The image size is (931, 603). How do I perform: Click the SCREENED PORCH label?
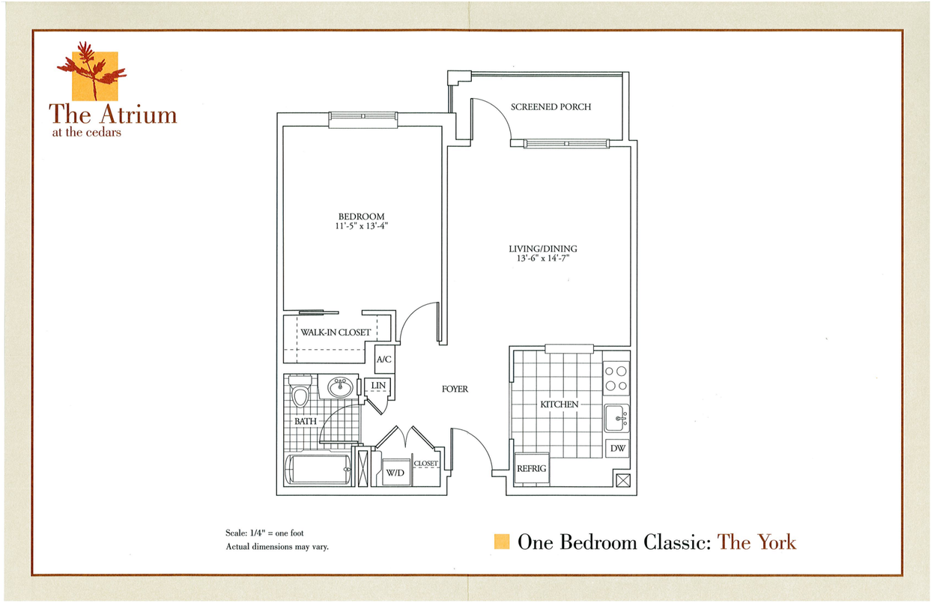pos(551,107)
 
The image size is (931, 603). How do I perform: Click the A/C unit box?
pos(384,359)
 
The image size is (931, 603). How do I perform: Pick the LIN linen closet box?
pos(378,386)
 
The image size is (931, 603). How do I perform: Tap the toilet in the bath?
pos(300,393)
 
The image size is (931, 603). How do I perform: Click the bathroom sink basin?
pos(341,387)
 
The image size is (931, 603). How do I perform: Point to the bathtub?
pos(319,470)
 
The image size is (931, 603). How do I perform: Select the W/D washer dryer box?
pos(395,473)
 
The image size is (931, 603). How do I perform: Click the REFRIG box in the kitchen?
pos(531,468)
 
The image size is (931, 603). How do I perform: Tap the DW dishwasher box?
pos(618,448)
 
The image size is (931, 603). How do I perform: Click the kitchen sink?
pos(617,417)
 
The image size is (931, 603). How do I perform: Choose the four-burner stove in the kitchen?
pos(616,379)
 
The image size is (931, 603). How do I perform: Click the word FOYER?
pos(455,389)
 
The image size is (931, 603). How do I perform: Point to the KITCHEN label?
pos(559,404)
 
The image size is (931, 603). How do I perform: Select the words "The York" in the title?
pos(756,542)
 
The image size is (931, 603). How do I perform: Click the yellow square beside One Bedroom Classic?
pos(503,542)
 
